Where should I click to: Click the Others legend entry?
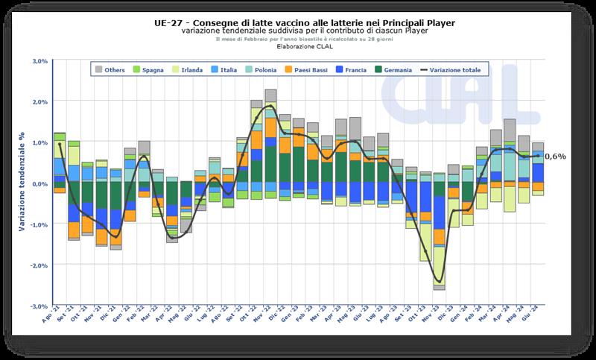tap(110, 70)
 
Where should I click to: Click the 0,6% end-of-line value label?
tap(555, 157)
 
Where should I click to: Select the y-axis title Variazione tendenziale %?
tap(23, 183)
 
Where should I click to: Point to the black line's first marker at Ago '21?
tap(60, 144)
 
